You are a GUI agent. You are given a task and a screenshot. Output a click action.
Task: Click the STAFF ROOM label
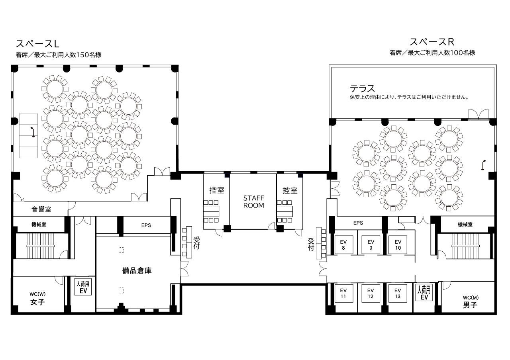pos(253,202)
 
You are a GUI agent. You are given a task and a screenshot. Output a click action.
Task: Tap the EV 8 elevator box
pos(343,245)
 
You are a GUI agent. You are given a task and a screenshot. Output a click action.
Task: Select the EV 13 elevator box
pos(398,293)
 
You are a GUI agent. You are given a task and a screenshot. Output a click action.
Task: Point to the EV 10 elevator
pos(398,245)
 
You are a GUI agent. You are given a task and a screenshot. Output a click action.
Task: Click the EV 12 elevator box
pos(371,293)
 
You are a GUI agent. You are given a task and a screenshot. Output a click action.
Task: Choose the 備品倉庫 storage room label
pos(137,270)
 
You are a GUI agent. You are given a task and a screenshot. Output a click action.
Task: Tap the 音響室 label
pos(41,209)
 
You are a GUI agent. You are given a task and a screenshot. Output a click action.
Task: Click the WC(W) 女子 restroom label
pos(37,299)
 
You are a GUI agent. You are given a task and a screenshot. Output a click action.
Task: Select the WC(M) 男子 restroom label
pos(471,302)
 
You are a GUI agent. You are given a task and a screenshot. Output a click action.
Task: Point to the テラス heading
pos(362,88)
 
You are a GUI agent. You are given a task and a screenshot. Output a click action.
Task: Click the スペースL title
pos(37,43)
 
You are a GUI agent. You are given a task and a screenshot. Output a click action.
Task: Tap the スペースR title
pos(432,42)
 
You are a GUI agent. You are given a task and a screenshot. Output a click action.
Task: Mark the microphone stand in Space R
pos(483,165)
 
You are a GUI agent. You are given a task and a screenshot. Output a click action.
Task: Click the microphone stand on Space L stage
pos(33,132)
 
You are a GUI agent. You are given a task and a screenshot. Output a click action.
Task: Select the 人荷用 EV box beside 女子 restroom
pos(83,287)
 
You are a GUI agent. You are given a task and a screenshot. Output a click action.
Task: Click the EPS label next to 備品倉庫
pos(146,225)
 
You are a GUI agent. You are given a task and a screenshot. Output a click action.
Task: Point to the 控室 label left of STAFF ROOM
pos(217,190)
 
